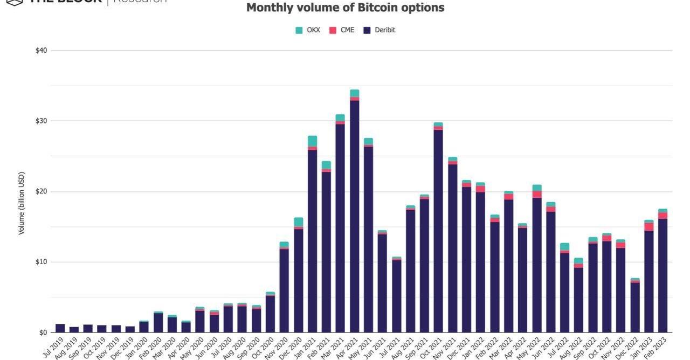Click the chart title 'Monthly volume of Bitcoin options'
coord(345,8)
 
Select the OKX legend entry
coord(308,30)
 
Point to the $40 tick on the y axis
coord(41,51)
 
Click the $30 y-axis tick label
coord(41,121)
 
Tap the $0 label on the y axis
coord(43,333)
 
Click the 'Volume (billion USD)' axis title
coord(22,203)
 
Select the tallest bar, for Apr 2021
coord(354,216)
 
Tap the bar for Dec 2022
coord(635,307)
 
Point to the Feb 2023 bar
coord(663,275)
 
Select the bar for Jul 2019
coord(60,328)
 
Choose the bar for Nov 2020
coord(284,291)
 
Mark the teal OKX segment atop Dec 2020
coord(298,222)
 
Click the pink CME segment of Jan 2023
coord(649,227)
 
